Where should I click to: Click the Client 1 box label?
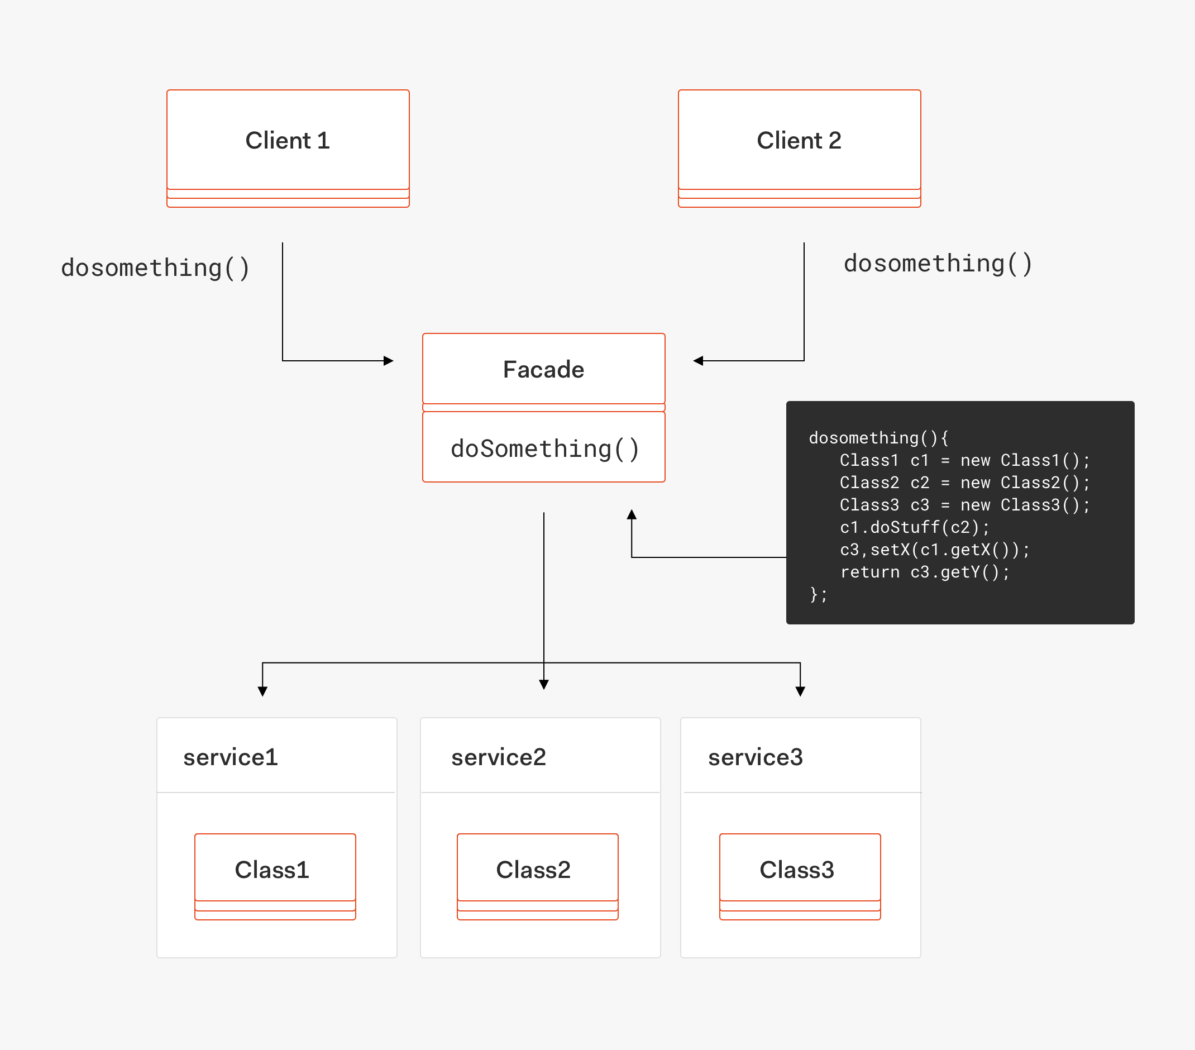pos(287,140)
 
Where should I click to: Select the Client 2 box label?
pos(799,140)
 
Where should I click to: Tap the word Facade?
pos(543,370)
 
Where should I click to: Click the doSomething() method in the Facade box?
pos(544,448)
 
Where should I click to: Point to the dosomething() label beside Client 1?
pos(155,268)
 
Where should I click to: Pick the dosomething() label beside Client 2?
pos(937,263)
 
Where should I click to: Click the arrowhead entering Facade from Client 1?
pos(389,361)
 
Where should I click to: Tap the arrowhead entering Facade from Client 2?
pos(698,361)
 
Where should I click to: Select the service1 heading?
pos(231,757)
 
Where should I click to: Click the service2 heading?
pos(498,757)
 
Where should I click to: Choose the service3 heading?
pos(756,757)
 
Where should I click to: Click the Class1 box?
pos(275,870)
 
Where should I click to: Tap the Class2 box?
pos(537,870)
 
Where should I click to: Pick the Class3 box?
pos(799,870)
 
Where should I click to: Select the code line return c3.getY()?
pos(924,572)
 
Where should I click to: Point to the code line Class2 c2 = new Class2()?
pos(964,483)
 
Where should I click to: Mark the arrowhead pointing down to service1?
pos(262,691)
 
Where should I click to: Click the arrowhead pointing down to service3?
pos(800,691)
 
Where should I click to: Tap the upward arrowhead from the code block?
pos(632,514)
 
